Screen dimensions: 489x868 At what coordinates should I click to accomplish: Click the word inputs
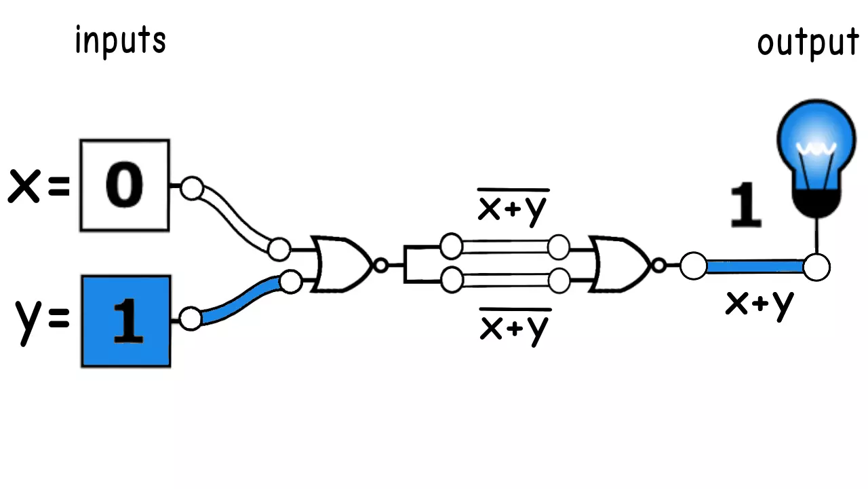(x=120, y=41)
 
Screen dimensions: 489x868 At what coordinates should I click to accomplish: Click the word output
(x=808, y=43)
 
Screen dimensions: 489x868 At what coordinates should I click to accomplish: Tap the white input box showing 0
(x=125, y=185)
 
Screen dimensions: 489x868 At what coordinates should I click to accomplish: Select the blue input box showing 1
(x=126, y=321)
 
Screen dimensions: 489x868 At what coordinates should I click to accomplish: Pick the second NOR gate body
(x=619, y=265)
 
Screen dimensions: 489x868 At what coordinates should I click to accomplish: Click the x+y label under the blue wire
(x=759, y=304)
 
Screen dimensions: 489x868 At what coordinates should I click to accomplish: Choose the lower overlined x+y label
(x=514, y=327)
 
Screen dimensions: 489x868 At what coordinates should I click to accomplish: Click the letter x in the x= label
(x=24, y=187)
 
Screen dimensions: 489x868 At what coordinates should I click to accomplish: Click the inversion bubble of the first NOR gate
(x=381, y=266)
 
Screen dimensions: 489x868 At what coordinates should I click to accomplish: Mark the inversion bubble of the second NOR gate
(x=658, y=266)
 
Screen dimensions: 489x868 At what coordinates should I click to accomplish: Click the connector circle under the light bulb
(x=816, y=266)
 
